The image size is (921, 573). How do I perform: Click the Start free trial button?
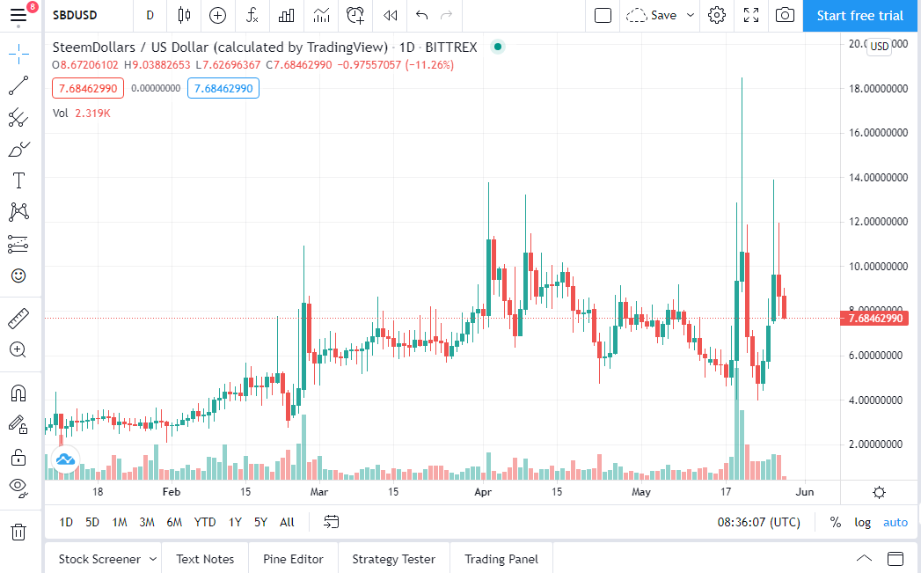[860, 16]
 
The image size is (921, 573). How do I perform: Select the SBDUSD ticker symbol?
[75, 15]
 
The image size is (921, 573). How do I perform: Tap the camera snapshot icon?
[785, 15]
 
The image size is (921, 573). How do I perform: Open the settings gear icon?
[717, 15]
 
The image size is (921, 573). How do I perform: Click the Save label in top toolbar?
[664, 15]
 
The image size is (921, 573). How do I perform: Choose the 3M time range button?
[147, 522]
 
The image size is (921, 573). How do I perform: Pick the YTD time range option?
[204, 522]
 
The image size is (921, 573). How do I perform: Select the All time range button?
[287, 522]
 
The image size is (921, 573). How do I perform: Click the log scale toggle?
[862, 523]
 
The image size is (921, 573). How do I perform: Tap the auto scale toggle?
[895, 523]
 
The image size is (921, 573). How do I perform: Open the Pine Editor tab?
[293, 559]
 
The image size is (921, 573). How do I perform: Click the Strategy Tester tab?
[393, 559]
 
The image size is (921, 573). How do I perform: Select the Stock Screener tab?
[99, 559]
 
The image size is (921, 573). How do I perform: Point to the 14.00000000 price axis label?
[878, 178]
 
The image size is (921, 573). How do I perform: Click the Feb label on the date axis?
[172, 492]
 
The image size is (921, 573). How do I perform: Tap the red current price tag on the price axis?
[874, 319]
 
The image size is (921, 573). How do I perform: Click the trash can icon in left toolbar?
[18, 532]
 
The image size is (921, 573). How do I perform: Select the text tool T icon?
[18, 180]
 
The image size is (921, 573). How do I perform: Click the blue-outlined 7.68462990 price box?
[223, 89]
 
